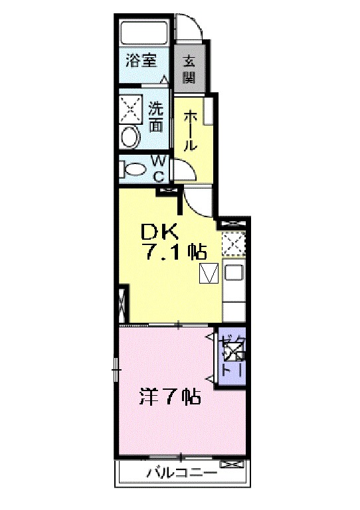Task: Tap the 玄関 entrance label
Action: coord(189,68)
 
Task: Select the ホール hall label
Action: coord(189,129)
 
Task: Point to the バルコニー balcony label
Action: coord(181,473)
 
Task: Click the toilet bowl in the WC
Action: coord(135,169)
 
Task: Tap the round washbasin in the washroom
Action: coord(130,137)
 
